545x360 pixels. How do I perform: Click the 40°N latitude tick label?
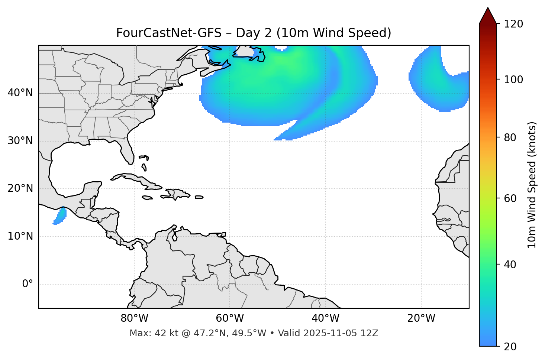pyautogui.click(x=20, y=93)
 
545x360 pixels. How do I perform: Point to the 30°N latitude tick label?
pyautogui.click(x=20, y=141)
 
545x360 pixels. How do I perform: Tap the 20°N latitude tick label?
pyautogui.click(x=20, y=188)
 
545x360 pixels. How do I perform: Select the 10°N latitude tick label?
pyautogui.click(x=20, y=236)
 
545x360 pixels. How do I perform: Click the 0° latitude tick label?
pyautogui.click(x=28, y=284)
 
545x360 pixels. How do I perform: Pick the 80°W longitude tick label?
pyautogui.click(x=134, y=318)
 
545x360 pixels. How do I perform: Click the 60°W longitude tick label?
pyautogui.click(x=230, y=318)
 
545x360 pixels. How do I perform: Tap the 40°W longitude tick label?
pyautogui.click(x=325, y=318)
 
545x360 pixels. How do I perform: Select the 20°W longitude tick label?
pyautogui.click(x=421, y=318)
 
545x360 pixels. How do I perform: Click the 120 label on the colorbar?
pyautogui.click(x=513, y=24)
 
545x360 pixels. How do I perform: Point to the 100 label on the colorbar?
pyautogui.click(x=513, y=80)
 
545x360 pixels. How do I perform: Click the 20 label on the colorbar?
pyautogui.click(x=510, y=347)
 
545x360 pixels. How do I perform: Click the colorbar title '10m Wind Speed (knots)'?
pyautogui.click(x=532, y=185)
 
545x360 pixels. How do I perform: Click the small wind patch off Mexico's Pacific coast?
pyautogui.click(x=60, y=216)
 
